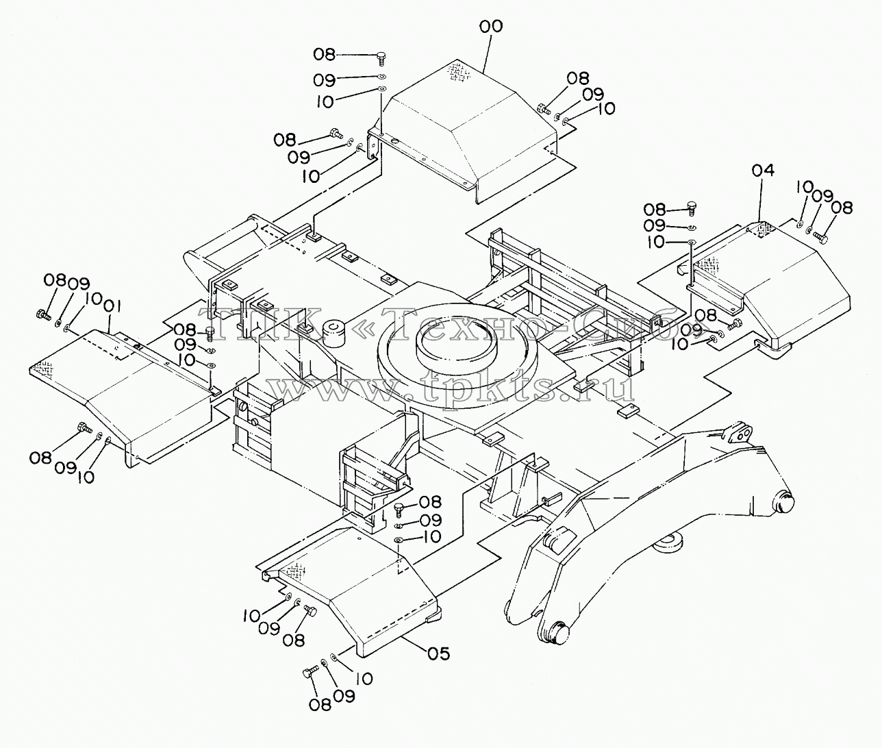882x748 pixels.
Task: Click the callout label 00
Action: point(491,27)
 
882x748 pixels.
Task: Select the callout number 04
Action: point(763,171)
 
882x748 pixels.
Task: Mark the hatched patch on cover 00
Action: point(457,72)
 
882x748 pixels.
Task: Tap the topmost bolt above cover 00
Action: point(381,58)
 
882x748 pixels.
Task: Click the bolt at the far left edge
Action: point(42,314)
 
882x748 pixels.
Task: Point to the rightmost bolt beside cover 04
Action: point(820,237)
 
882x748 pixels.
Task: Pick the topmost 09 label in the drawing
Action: point(325,80)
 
